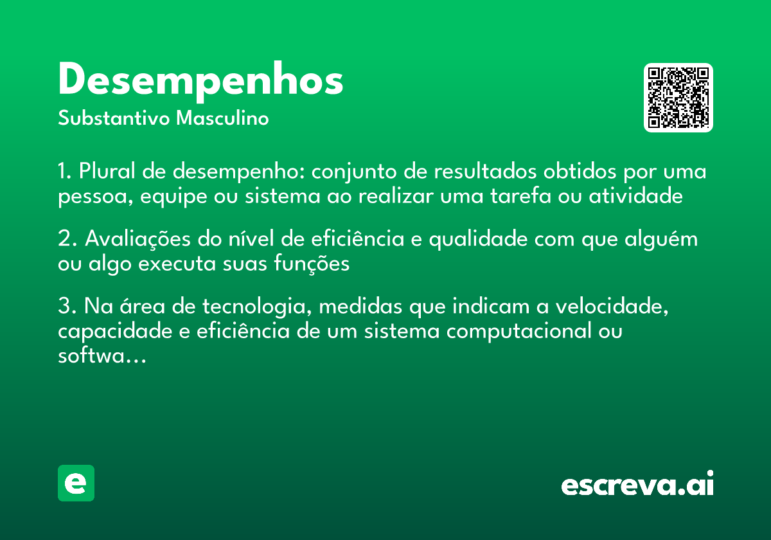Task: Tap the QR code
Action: click(x=678, y=98)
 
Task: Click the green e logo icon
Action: click(x=76, y=483)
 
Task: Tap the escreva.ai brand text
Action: click(x=637, y=485)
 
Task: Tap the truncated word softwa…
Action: click(x=102, y=356)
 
